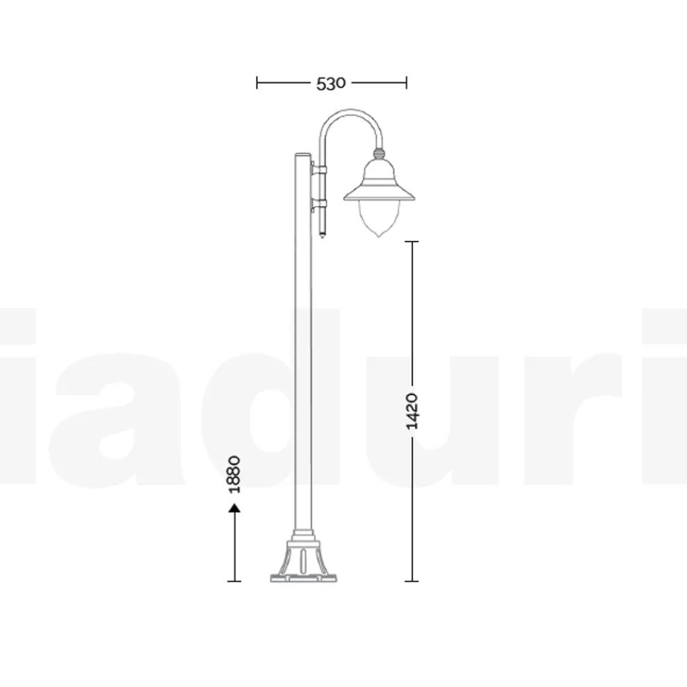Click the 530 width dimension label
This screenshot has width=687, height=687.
coord(331,83)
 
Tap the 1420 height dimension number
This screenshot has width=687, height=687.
coord(412,411)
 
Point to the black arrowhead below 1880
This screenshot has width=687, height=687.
coord(235,509)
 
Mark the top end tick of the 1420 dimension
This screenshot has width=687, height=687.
coord(412,241)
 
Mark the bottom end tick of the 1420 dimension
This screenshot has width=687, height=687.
coord(412,581)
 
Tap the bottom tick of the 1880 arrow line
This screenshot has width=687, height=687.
coord(235,581)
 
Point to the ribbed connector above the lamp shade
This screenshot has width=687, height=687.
coord(379,151)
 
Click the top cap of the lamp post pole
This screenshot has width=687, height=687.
coord(303,155)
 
